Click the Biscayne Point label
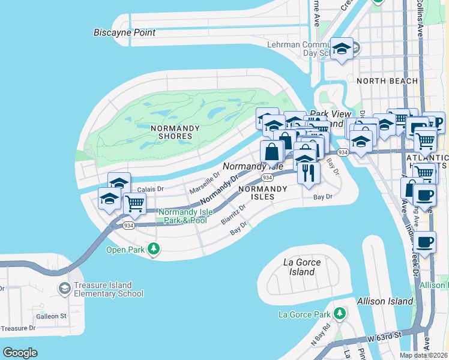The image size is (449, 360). coord(124,32)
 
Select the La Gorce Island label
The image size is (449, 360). coord(301,268)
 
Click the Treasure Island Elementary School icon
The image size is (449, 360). coord(64,289)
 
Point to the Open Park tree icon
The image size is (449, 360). coord(154,248)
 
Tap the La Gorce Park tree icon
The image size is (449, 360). coord(340,314)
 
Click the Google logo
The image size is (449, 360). coord(20,352)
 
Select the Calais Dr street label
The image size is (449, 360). coord(146,189)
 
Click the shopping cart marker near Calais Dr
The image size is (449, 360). coord(134,204)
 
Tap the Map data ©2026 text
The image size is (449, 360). coord(424,355)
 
